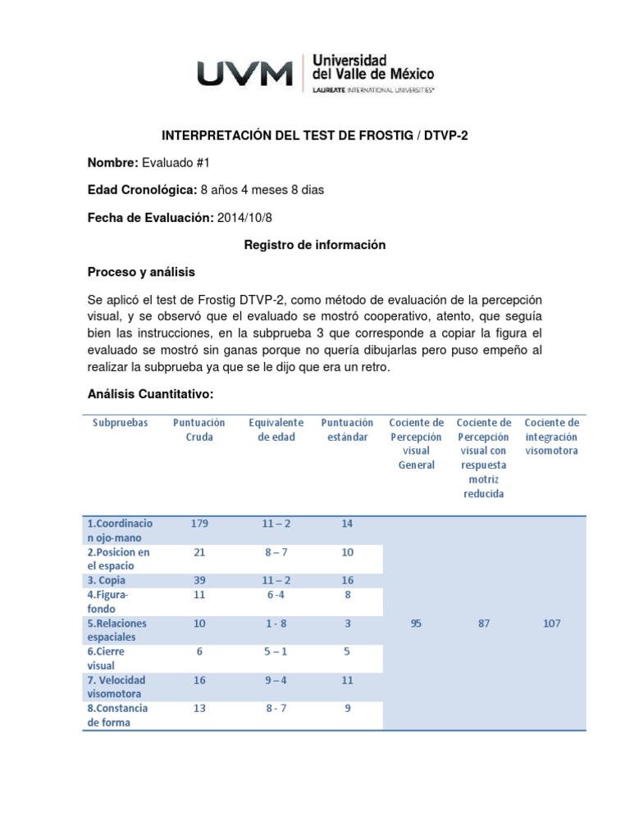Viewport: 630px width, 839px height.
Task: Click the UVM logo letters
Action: click(244, 75)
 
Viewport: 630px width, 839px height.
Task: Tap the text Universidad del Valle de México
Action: click(369, 68)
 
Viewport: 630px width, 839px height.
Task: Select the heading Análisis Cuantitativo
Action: click(150, 394)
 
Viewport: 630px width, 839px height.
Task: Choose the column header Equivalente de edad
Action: click(276, 430)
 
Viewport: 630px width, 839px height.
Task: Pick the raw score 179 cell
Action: click(199, 524)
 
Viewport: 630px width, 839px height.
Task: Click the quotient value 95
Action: click(416, 624)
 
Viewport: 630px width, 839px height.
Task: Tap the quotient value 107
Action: click(551, 624)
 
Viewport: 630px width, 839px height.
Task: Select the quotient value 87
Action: click(483, 624)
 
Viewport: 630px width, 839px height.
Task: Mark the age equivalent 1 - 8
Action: click(276, 624)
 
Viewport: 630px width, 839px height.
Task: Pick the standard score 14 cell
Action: click(347, 524)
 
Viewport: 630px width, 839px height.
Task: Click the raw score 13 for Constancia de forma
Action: click(199, 708)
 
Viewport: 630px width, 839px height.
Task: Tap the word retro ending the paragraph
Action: click(374, 368)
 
